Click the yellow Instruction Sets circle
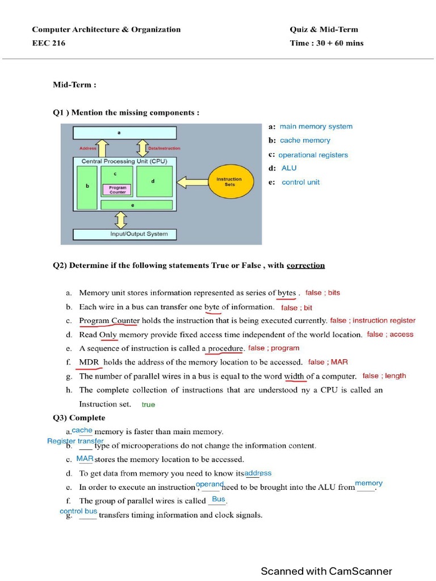pos(229,182)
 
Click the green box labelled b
pos(87,186)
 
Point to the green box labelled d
pos(153,182)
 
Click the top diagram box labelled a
pos(124,133)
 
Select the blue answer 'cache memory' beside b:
pos(304,140)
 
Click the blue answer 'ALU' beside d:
pos(289,168)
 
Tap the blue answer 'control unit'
pos(300,182)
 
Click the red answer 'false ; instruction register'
pos(372,321)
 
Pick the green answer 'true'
pos(148,405)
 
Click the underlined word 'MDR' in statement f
pos(89,362)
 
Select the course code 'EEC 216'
pos(48,43)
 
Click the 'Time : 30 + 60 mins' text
pos(326,43)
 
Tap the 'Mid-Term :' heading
pos(74,85)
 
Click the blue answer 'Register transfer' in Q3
pos(75,441)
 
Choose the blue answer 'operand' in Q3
pos(209,484)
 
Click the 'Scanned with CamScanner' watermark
pos(326,571)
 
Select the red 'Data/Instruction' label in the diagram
pos(163,148)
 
